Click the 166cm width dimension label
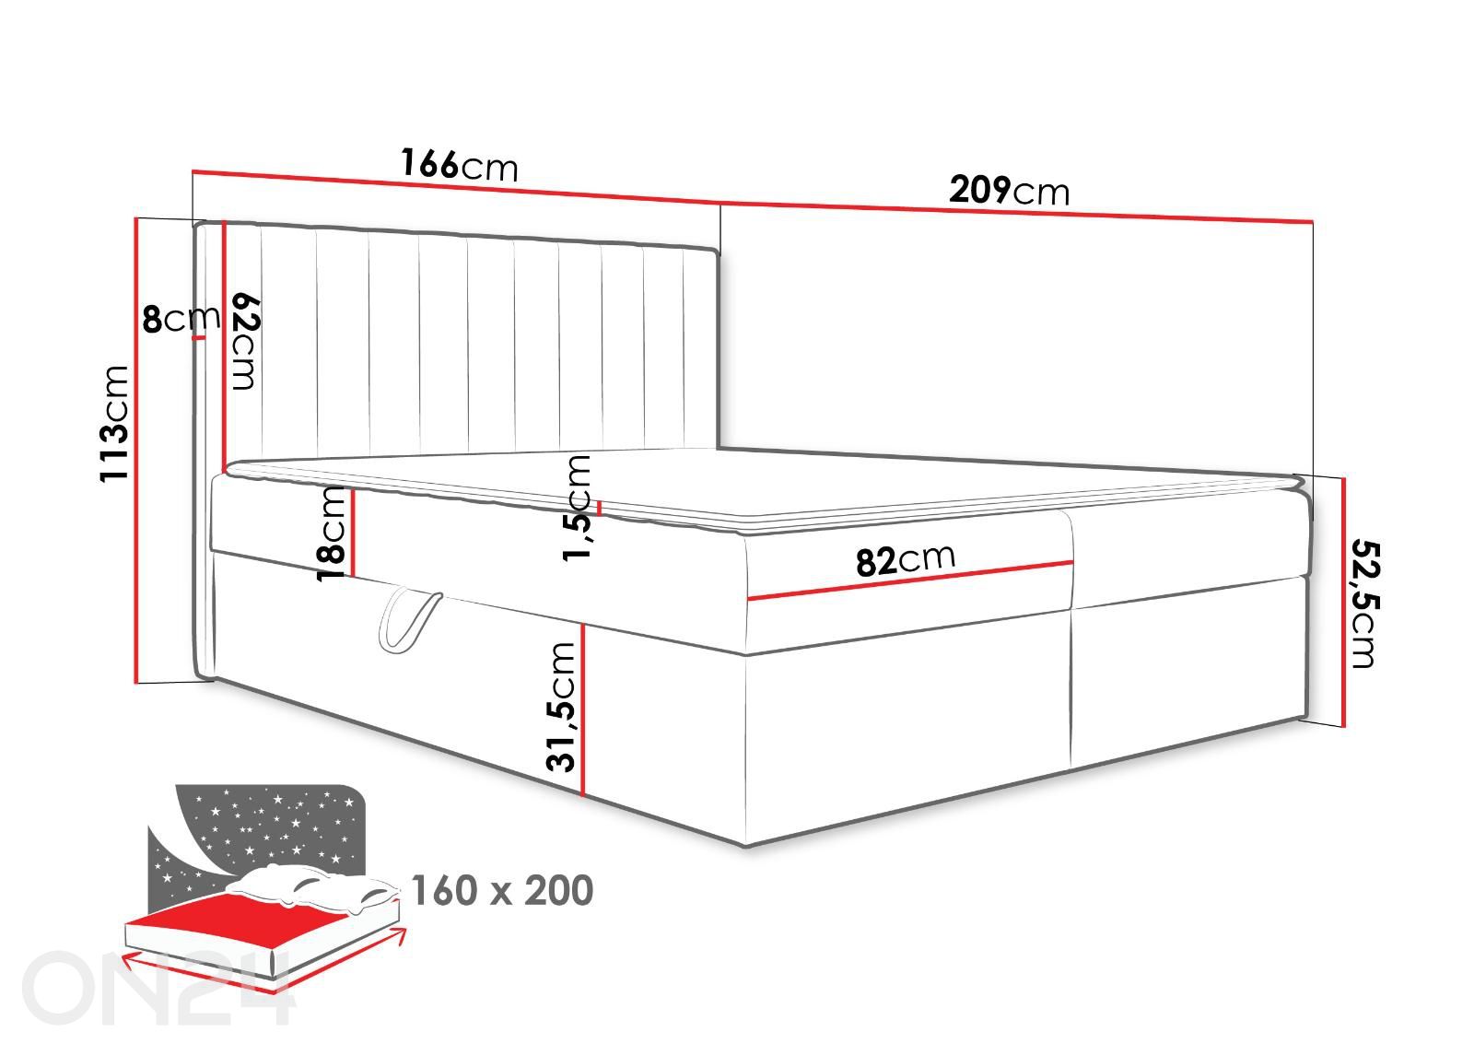click(460, 165)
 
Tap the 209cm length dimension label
click(1009, 190)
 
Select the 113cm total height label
click(114, 424)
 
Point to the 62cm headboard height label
click(246, 342)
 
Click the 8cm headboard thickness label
click(181, 319)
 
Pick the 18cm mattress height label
click(331, 533)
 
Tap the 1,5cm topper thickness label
click(577, 508)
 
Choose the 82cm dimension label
click(906, 560)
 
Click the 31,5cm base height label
click(561, 707)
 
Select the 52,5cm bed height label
click(1364, 604)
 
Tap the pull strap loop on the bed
click(407, 617)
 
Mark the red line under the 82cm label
click(910, 580)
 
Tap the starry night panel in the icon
click(257, 835)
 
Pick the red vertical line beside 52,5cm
click(1344, 602)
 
